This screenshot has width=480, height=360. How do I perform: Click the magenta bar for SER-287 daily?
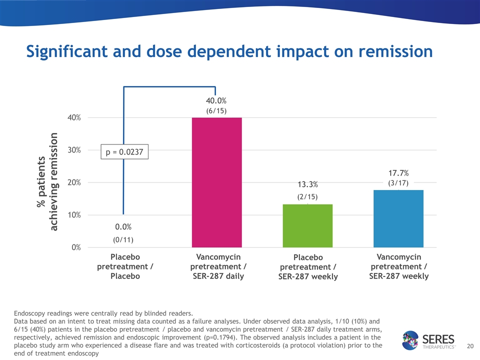tap(216, 182)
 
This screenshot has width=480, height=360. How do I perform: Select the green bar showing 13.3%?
tap(307, 225)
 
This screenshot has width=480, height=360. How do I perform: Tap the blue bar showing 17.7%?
tap(398, 218)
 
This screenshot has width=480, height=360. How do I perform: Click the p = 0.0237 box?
tap(125, 151)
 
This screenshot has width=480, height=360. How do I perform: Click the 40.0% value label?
tap(216, 101)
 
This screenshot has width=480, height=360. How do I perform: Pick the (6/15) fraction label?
tap(216, 111)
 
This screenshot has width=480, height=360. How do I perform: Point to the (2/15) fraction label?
tap(307, 196)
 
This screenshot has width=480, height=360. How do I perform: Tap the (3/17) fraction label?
tap(398, 183)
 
